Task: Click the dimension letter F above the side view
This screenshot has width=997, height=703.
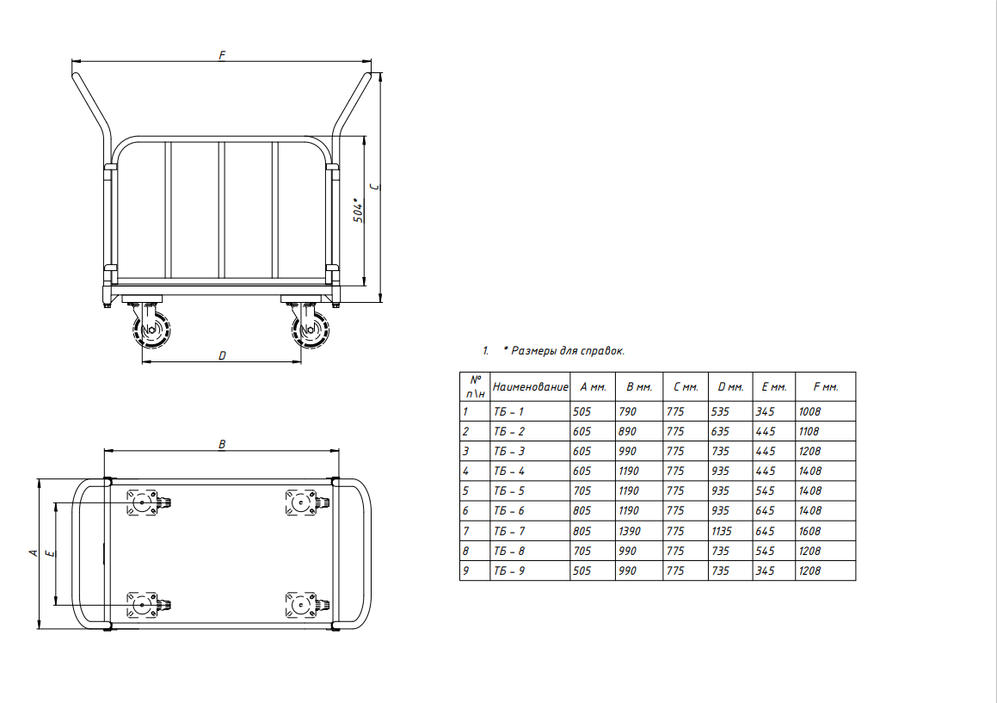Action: point(222,55)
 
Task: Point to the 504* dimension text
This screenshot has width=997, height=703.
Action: point(359,211)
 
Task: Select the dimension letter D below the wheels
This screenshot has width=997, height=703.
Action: point(222,355)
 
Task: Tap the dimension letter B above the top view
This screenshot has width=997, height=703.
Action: point(222,444)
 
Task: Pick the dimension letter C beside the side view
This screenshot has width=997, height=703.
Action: point(374,187)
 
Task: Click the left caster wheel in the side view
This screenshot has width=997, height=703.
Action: point(151,330)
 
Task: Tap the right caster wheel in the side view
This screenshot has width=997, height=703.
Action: point(311,330)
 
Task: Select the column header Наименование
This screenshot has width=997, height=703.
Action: point(530,387)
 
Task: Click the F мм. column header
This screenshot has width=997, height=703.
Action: point(826,387)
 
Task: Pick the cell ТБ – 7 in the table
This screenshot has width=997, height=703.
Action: point(509,531)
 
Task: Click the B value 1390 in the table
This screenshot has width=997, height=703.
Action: point(630,531)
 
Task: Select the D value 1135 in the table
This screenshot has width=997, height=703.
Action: point(722,531)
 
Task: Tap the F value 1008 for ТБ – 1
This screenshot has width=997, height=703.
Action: point(809,411)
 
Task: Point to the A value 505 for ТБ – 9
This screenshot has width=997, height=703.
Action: point(582,570)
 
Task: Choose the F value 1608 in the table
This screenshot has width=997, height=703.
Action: point(809,531)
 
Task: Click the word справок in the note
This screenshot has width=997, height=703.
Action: point(602,350)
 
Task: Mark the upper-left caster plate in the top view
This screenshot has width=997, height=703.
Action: point(141,502)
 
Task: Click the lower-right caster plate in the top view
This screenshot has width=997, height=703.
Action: point(300,605)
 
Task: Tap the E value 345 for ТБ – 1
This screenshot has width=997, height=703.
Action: point(765,411)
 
